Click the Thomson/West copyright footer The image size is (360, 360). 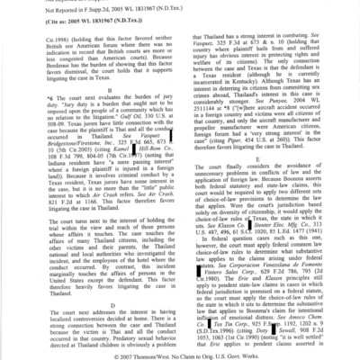tap(180, 354)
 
